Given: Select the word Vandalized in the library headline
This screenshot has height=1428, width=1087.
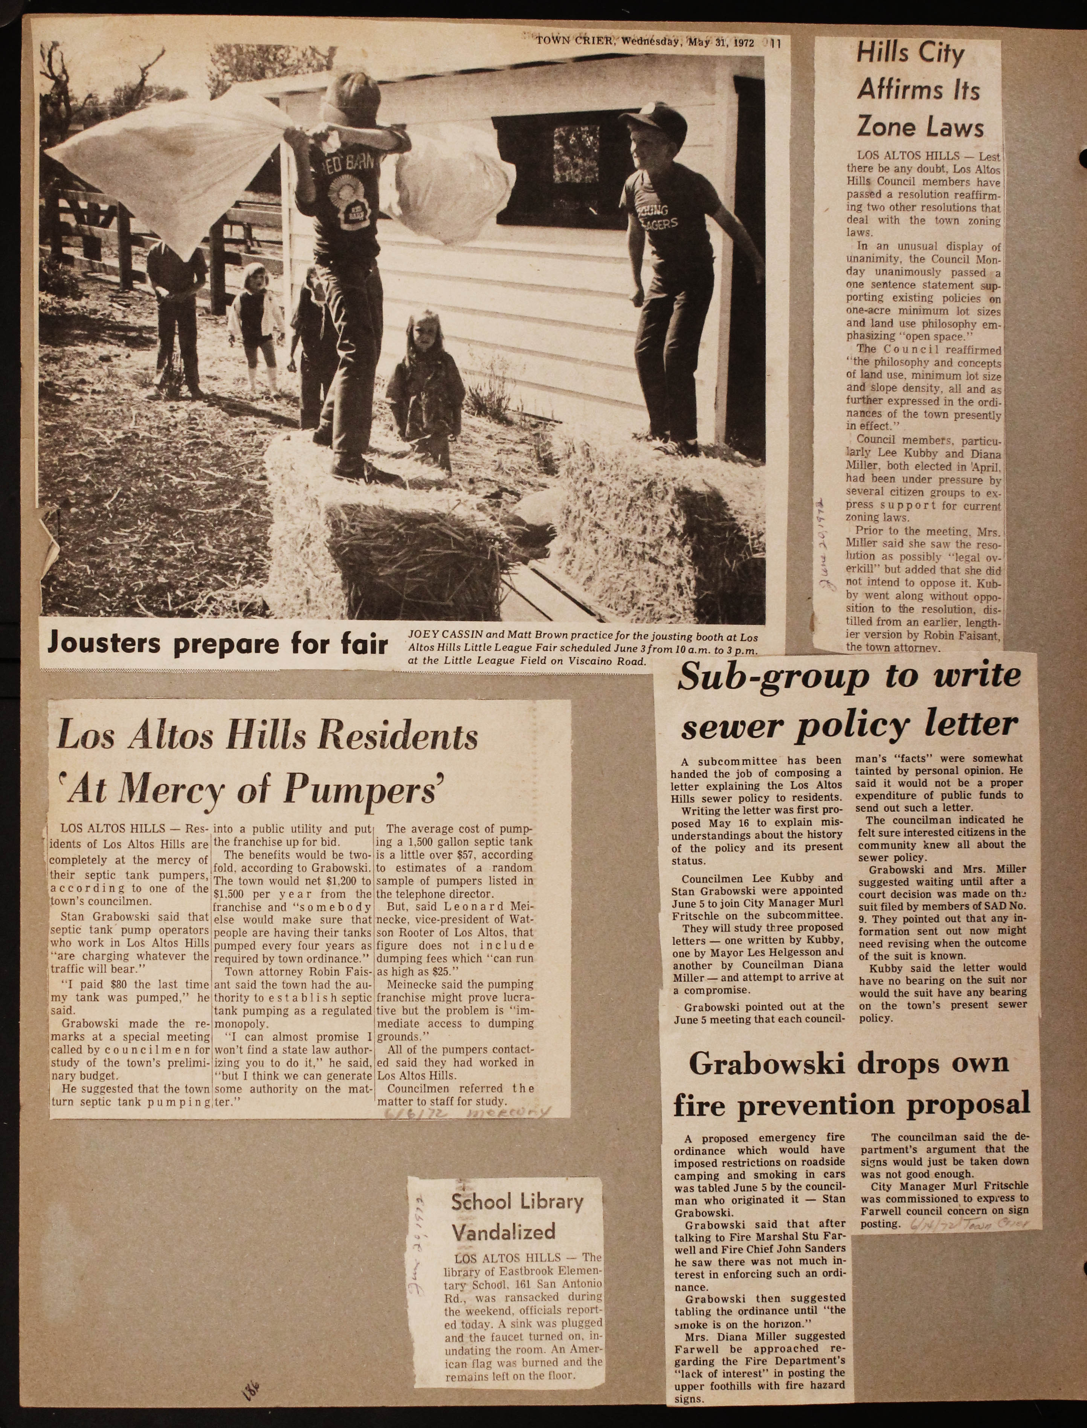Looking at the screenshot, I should click(x=503, y=1232).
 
